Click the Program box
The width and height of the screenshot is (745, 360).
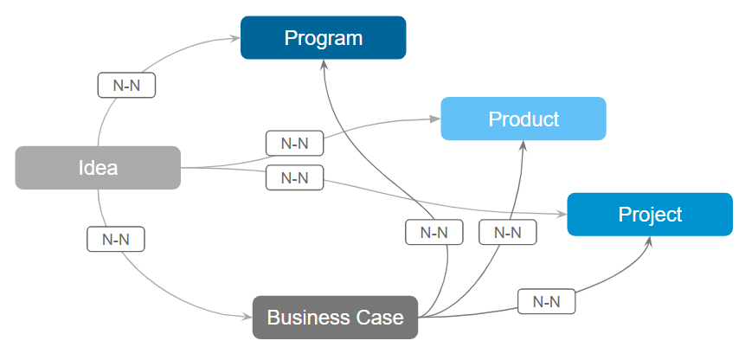323,38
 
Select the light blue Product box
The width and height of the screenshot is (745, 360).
523,119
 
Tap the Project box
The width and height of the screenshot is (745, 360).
650,215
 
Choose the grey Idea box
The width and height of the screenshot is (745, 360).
98,168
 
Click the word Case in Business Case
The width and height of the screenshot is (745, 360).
382,318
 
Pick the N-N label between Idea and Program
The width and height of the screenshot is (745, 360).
126,86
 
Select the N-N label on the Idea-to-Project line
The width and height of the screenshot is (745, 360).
294,177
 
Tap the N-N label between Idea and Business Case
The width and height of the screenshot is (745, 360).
115,239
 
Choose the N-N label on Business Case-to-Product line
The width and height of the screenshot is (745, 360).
507,232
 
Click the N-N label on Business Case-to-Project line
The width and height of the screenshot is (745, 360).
546,301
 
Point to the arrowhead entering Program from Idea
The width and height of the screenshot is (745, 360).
235,38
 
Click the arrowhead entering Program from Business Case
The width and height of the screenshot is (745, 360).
324,66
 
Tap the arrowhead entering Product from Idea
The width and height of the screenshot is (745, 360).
436,120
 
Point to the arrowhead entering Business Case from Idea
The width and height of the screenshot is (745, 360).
247,317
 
